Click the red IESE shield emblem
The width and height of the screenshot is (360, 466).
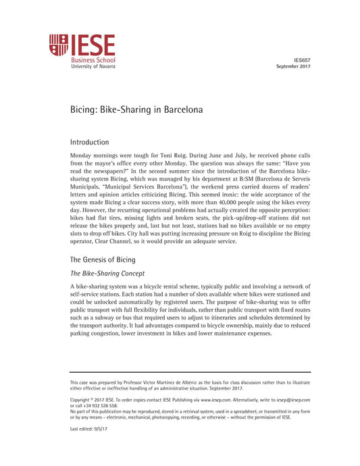tap(59, 46)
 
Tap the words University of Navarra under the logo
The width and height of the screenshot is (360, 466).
tap(93, 67)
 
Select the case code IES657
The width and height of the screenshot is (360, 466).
tap(303, 60)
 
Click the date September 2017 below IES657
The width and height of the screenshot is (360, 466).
tap(293, 67)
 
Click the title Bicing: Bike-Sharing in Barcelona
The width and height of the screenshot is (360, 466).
tap(137, 109)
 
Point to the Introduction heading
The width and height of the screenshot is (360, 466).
tap(89, 143)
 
